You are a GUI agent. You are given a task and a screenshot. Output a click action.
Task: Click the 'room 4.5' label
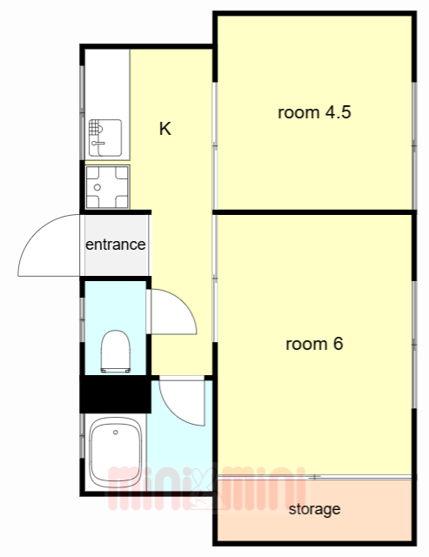(314, 112)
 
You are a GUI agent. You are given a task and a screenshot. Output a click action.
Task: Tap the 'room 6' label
(314, 344)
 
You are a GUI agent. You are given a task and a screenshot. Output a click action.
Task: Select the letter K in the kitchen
(165, 129)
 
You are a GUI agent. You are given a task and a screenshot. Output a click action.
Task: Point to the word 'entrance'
(116, 245)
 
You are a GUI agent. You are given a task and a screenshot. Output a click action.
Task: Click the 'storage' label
(315, 509)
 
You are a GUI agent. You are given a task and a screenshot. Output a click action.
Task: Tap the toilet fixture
(116, 352)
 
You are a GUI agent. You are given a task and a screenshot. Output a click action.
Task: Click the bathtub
(116, 453)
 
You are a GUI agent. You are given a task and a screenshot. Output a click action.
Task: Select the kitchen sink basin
(105, 138)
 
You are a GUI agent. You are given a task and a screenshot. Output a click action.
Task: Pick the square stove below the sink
(108, 187)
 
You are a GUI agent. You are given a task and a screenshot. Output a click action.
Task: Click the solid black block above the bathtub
(116, 394)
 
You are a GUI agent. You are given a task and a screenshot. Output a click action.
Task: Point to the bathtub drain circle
(116, 433)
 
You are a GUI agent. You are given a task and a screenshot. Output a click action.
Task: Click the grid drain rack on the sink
(93, 127)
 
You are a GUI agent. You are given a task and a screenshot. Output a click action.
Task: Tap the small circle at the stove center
(97, 187)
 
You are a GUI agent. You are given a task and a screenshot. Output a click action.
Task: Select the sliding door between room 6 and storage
(315, 477)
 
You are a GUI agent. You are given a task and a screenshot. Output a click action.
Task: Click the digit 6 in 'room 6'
(339, 344)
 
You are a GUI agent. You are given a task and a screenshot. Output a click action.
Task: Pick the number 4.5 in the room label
(339, 112)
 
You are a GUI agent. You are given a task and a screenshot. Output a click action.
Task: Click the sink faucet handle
(98, 143)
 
